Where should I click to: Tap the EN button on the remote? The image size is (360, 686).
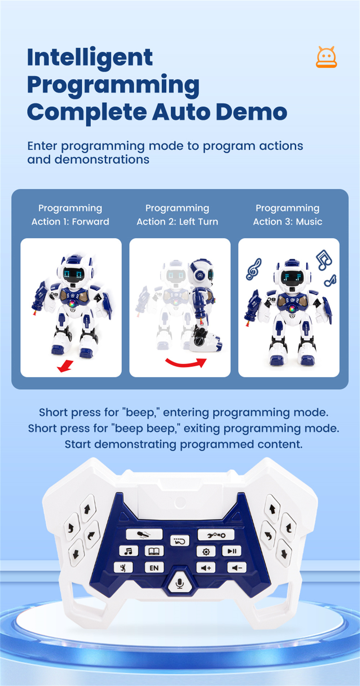(154, 568)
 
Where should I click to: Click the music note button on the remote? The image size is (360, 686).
(129, 551)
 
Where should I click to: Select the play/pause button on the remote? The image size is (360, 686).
(232, 551)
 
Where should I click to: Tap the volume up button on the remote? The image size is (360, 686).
(206, 568)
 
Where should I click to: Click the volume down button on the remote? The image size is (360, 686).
(237, 568)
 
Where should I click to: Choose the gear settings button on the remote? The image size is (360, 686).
(206, 551)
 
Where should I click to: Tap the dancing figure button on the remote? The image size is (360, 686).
(123, 568)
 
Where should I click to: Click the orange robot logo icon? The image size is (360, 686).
(326, 57)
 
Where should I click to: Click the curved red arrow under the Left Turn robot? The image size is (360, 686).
(186, 364)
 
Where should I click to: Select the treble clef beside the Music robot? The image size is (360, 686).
(253, 269)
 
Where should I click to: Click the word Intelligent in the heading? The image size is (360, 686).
(90, 58)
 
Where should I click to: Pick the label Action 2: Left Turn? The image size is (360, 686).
(177, 221)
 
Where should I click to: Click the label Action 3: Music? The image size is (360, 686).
(288, 221)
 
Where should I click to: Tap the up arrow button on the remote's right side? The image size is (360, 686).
(272, 509)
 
